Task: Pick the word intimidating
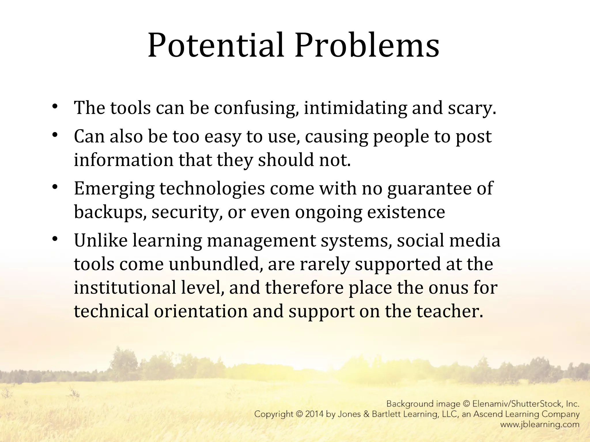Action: (355, 108)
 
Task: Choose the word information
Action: (124, 160)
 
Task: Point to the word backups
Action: (109, 212)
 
